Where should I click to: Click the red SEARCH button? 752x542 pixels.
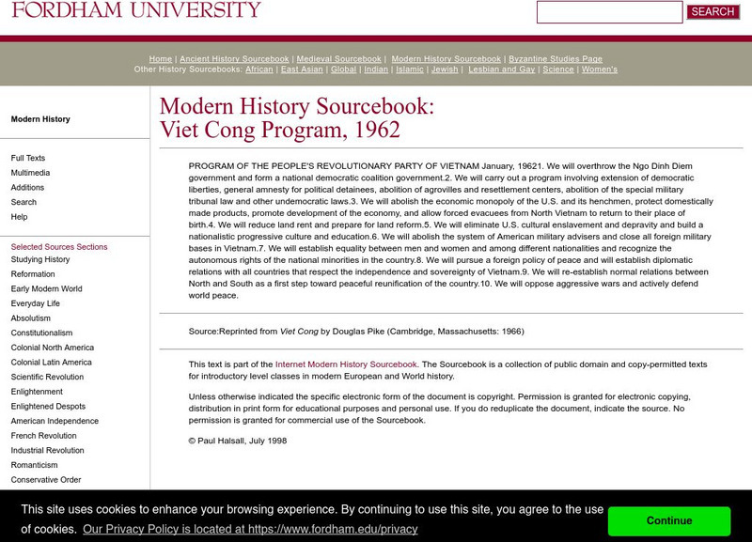(x=713, y=12)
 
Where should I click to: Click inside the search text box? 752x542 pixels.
(x=608, y=12)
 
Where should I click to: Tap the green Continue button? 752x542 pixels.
(x=668, y=520)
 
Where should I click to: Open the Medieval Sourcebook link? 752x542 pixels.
(x=339, y=59)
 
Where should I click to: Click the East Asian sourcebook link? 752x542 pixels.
(x=302, y=70)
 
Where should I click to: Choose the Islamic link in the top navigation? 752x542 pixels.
(x=410, y=70)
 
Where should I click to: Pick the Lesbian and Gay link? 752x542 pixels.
(x=501, y=70)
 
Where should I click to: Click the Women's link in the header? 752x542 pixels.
(x=600, y=70)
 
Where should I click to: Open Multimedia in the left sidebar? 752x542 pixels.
(x=30, y=173)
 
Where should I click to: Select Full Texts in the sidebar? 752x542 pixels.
(x=28, y=158)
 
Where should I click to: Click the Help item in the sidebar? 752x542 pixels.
(x=19, y=217)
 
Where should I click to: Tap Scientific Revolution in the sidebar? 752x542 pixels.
(x=47, y=377)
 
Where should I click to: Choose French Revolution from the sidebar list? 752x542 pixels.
(x=43, y=436)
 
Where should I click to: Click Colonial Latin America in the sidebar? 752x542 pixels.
(x=52, y=363)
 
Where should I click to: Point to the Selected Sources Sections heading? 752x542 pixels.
(x=59, y=247)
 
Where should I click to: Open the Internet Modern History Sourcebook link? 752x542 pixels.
(x=346, y=364)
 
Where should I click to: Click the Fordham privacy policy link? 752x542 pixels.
(x=249, y=529)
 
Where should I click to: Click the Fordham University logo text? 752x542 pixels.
(x=136, y=10)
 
